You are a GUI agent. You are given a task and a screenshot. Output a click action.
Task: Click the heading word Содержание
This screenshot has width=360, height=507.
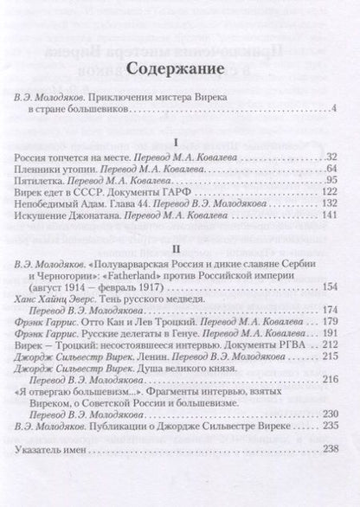180,69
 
